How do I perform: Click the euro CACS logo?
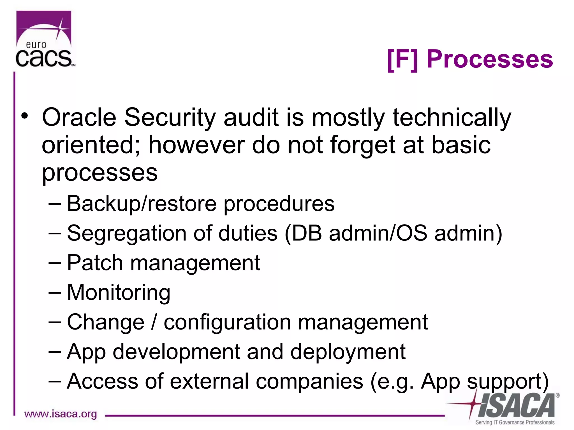tap(44, 39)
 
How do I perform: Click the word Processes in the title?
tap(489, 59)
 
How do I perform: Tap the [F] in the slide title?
tap(402, 59)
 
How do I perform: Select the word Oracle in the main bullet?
tap(79, 117)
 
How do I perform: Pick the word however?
tap(196, 145)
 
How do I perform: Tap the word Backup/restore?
tap(142, 204)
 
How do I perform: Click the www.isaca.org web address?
tap(61, 414)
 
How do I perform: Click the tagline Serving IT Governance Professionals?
tap(515, 422)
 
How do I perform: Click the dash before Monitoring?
tap(54, 292)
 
